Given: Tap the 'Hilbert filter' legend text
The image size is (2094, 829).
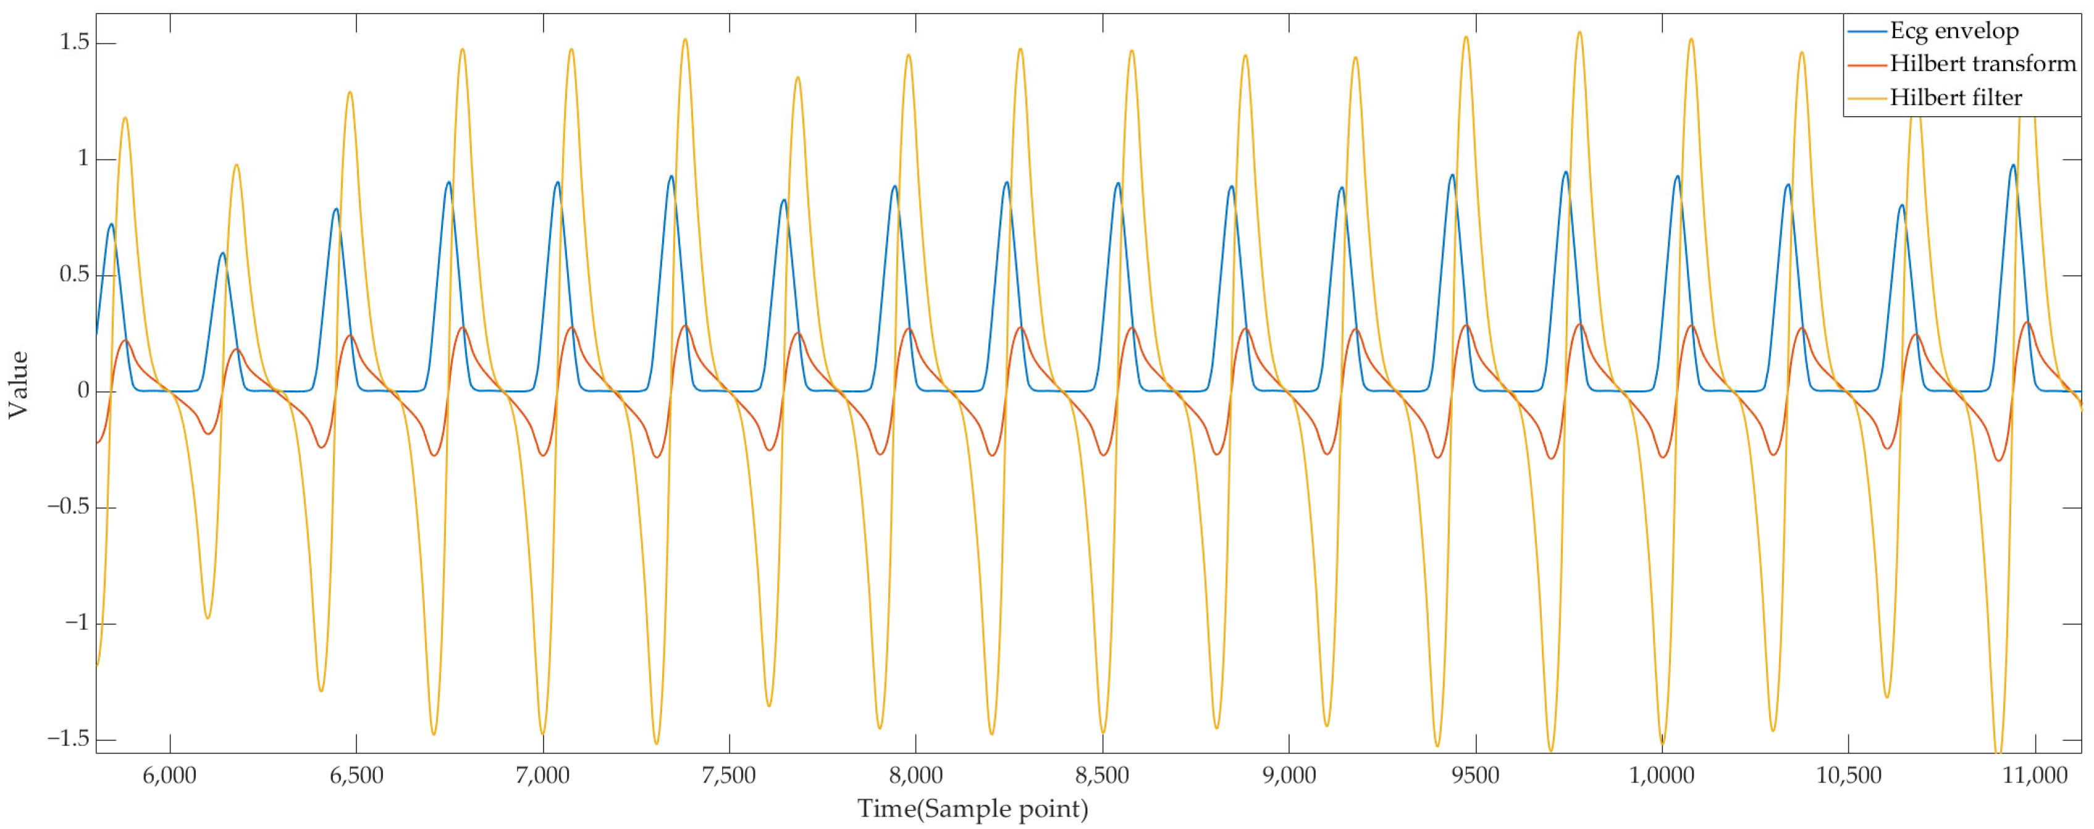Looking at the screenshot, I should [1956, 98].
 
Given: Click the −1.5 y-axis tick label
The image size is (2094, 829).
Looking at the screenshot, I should [69, 739].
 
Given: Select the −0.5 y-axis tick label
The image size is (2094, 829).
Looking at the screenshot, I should [69, 508].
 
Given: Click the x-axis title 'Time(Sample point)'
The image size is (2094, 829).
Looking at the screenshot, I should [972, 809].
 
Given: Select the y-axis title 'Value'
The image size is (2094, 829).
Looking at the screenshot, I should [18, 384].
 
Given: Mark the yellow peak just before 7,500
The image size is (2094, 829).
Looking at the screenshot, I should [684, 39].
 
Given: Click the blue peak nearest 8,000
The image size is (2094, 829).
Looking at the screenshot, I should [894, 186].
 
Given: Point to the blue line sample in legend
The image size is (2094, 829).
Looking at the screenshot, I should [1867, 32].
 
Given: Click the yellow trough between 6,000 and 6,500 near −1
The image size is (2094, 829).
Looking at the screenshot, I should [208, 618].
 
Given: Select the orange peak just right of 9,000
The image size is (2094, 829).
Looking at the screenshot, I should [1355, 329].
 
